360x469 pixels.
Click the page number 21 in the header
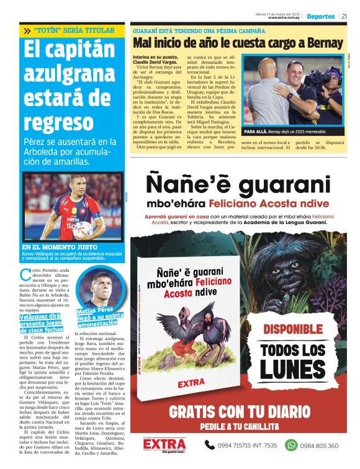point(344,16)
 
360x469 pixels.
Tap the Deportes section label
point(320,16)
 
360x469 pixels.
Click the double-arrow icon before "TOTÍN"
point(27,30)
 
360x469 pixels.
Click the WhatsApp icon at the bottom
point(290,445)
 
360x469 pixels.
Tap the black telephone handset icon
point(210,445)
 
